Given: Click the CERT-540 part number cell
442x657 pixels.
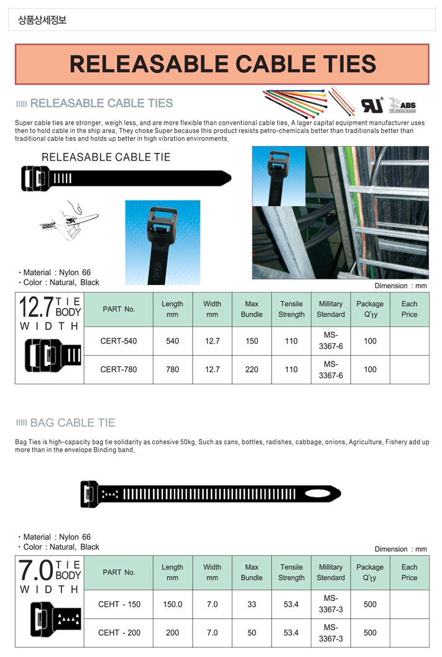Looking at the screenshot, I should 118,341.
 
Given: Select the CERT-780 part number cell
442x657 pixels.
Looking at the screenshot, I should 118,369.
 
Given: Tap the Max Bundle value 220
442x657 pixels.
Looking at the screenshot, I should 252,369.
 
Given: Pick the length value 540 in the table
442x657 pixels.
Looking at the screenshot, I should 172,341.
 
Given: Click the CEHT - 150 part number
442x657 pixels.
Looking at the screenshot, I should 119,604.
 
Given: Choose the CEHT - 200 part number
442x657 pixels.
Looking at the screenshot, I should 119,633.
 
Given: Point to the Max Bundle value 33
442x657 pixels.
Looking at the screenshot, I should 252,604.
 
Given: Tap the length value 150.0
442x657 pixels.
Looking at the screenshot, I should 172,604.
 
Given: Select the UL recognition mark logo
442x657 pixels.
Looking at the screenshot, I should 372,104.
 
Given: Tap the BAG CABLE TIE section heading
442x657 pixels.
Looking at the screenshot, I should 72,423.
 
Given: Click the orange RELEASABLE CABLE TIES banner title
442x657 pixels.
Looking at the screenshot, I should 222,64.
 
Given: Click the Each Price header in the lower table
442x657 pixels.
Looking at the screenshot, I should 409,572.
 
